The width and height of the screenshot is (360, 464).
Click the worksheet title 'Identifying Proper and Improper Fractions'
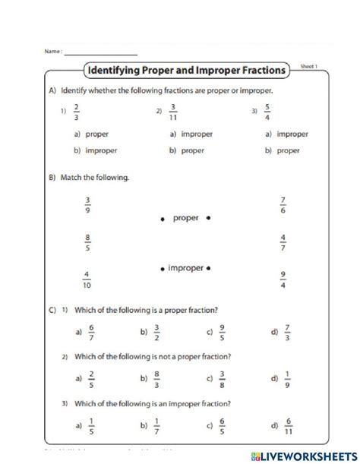[187, 71]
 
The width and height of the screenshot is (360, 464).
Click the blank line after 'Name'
[100, 52]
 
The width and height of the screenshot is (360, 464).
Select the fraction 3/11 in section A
[173, 111]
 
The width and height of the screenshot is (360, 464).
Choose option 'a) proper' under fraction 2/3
[92, 134]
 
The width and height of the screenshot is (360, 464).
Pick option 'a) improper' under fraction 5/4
[286, 134]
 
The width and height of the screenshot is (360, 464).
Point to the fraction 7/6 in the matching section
[283, 206]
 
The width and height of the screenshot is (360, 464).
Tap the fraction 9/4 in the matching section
[283, 279]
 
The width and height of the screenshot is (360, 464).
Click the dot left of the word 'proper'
[162, 219]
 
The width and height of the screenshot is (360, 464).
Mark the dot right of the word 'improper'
[209, 268]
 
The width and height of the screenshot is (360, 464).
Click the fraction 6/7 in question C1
[91, 331]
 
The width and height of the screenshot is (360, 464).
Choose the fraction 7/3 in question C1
[287, 331]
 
